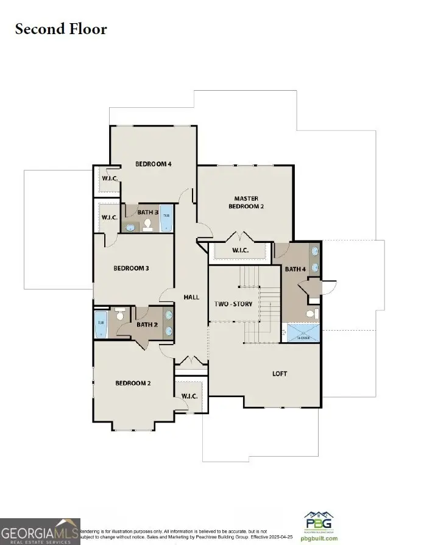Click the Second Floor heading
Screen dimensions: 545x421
tap(61, 29)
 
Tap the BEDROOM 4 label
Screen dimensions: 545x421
tap(154, 164)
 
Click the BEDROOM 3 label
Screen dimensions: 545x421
tap(132, 268)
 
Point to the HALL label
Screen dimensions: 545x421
tap(192, 297)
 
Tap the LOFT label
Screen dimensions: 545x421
tap(279, 373)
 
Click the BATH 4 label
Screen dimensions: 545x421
tap(295, 269)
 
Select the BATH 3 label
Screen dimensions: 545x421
tap(148, 212)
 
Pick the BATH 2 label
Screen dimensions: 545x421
tap(147, 325)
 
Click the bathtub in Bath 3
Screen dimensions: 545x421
tap(166, 218)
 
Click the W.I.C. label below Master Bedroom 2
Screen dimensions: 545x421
tap(240, 250)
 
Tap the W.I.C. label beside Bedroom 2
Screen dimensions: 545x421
tap(189, 396)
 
